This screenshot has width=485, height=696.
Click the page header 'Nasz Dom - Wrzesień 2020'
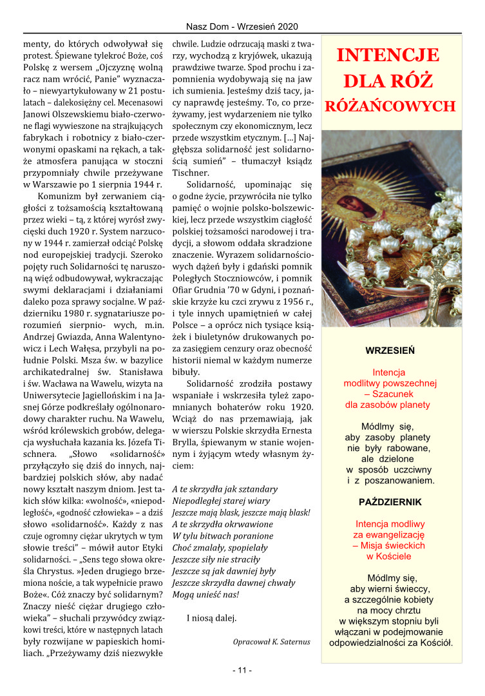(242, 27)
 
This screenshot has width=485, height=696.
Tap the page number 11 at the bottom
(242, 670)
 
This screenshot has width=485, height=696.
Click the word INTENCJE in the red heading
(388, 55)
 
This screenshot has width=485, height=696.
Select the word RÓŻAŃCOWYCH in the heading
(390, 106)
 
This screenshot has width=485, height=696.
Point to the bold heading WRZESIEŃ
(390, 351)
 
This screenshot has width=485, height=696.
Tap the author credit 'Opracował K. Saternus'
(271, 641)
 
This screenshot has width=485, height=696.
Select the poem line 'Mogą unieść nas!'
(205, 594)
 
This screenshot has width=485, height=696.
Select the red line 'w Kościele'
(389, 556)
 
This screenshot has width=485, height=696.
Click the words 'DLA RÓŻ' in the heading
(388, 82)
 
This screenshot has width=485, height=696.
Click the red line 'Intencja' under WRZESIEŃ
(389, 372)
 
